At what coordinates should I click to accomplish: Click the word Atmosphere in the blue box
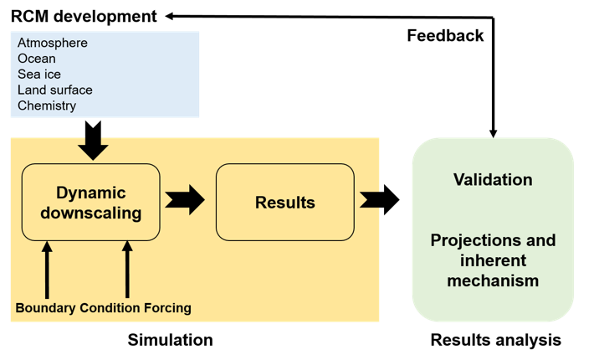(53, 43)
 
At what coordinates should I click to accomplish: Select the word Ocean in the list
(37, 59)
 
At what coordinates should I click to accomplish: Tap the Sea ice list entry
(39, 75)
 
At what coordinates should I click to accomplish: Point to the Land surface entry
(55, 90)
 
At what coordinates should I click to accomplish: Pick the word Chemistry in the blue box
(47, 105)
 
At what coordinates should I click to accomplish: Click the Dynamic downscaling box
(90, 202)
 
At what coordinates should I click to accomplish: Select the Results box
(284, 202)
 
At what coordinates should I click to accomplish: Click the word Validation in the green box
(493, 179)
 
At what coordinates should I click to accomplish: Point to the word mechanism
(493, 280)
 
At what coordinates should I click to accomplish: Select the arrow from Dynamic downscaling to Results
(185, 200)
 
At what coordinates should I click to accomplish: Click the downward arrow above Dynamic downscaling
(93, 148)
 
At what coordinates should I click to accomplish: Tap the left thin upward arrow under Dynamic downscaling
(47, 268)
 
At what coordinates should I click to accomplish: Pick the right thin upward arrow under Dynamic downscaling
(128, 268)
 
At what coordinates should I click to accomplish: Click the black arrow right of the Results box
(370, 200)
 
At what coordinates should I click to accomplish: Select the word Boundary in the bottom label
(45, 308)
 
